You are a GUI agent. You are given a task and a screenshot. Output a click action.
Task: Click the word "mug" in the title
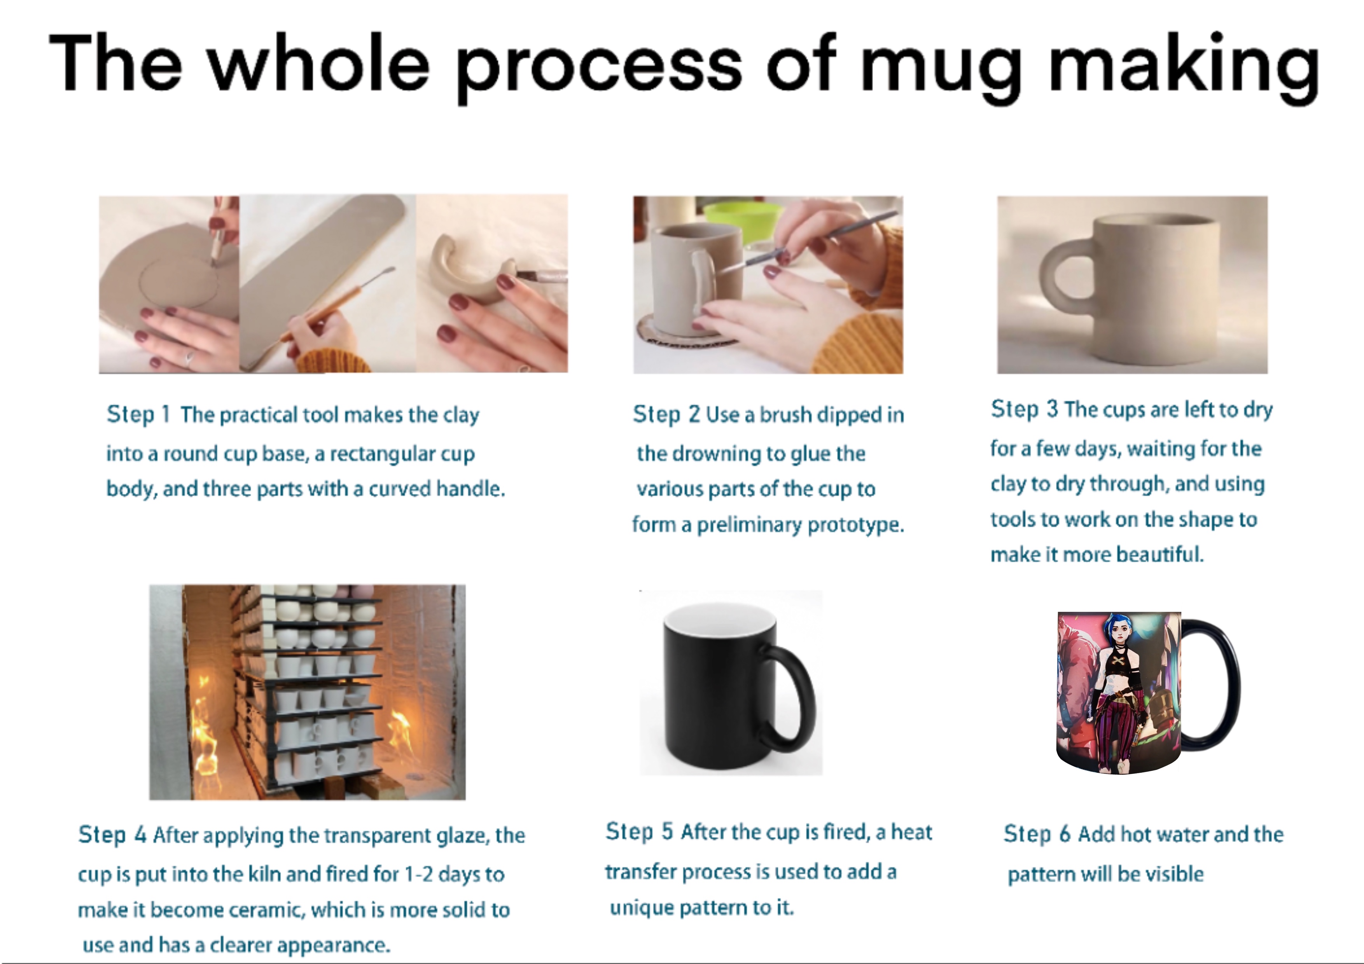point(940,70)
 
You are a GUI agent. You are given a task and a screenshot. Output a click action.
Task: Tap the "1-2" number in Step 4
point(418,874)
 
